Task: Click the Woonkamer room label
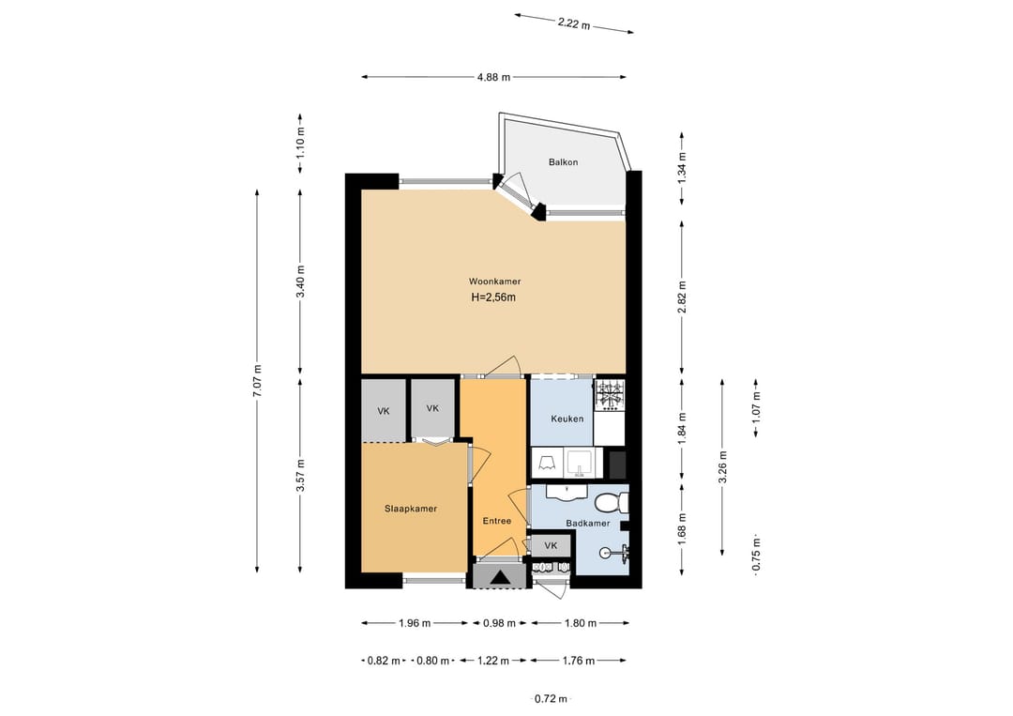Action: click(x=495, y=282)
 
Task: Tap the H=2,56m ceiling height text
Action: click(x=493, y=297)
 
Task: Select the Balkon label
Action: click(x=564, y=162)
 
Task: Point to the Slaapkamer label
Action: click(x=411, y=509)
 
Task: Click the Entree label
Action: click(x=497, y=521)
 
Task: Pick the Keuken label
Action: click(x=567, y=419)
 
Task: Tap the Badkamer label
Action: click(x=588, y=524)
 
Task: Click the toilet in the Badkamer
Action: click(x=612, y=501)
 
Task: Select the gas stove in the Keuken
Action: click(x=610, y=395)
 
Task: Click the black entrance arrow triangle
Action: click(x=500, y=577)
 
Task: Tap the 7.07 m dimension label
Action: click(x=257, y=381)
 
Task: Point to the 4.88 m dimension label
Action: click(x=493, y=77)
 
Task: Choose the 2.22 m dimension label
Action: click(x=574, y=23)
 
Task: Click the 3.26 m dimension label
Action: click(x=722, y=466)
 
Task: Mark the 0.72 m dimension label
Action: click(x=552, y=698)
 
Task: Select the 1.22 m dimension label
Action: click(x=493, y=661)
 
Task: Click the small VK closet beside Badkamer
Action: click(x=551, y=546)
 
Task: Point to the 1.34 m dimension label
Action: click(x=682, y=169)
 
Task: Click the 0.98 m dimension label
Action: click(x=499, y=624)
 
